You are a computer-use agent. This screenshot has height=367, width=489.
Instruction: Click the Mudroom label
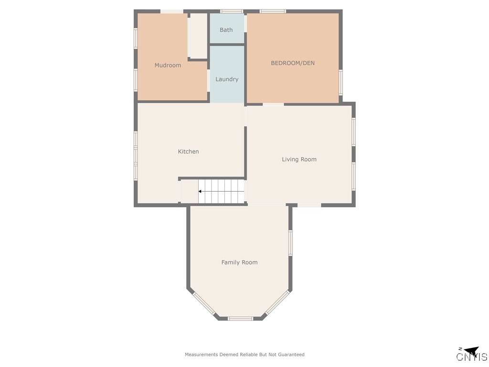[x=168, y=65]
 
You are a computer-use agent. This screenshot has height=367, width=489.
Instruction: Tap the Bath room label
[x=226, y=30]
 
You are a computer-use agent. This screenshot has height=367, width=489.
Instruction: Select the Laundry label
[x=227, y=79]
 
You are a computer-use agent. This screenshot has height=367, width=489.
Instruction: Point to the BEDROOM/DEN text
[x=293, y=63]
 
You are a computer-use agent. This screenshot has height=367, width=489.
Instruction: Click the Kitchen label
[x=188, y=151]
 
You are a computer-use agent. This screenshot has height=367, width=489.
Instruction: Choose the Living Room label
[x=299, y=160]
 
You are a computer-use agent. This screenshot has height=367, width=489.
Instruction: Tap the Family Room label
[x=239, y=262]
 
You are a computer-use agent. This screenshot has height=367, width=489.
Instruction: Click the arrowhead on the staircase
[x=200, y=192]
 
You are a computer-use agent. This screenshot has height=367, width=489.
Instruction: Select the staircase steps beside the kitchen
[x=222, y=191]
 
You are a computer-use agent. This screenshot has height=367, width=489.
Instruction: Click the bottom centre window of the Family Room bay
[x=240, y=318]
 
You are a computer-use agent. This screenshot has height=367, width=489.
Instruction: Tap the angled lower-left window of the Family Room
[x=204, y=303]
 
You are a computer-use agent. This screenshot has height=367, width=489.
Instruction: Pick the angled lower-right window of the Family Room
[x=277, y=303]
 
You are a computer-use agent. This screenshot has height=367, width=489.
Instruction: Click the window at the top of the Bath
[x=231, y=11]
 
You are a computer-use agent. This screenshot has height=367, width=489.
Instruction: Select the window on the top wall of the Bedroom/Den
[x=273, y=11]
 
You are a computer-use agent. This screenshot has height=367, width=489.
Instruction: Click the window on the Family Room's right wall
[x=290, y=243]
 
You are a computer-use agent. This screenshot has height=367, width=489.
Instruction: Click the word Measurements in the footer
[x=202, y=355]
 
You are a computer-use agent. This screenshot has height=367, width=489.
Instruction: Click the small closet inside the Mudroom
[x=197, y=36]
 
